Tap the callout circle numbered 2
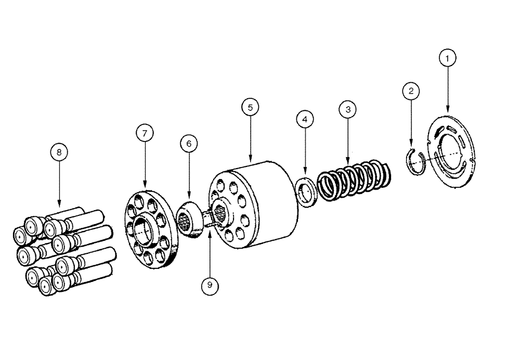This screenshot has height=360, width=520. [x=411, y=92]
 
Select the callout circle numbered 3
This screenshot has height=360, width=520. [x=347, y=109]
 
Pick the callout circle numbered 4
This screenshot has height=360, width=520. [x=305, y=119]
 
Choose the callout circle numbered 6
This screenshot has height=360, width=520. [x=189, y=144]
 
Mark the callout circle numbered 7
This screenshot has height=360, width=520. [x=145, y=133]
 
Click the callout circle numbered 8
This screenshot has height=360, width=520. [x=59, y=152]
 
